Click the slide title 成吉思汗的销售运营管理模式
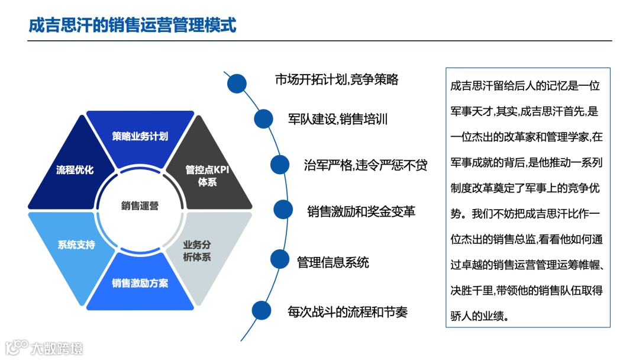click(x=133, y=25)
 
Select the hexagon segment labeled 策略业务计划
click(x=140, y=136)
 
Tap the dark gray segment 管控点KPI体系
click(x=207, y=176)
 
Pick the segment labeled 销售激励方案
click(x=140, y=283)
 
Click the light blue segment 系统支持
click(x=76, y=244)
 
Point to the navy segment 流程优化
click(x=75, y=170)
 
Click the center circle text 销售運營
click(x=140, y=205)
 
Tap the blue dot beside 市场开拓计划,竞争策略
click(x=237, y=83)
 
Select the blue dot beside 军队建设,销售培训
click(x=263, y=118)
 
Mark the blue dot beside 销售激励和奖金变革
click(x=283, y=209)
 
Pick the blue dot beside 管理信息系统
click(x=280, y=259)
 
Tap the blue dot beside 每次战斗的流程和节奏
click(x=262, y=310)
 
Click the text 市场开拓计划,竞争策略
click(x=337, y=79)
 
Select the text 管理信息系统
click(x=333, y=261)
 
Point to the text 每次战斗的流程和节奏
click(x=347, y=311)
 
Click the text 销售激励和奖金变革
click(x=361, y=211)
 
